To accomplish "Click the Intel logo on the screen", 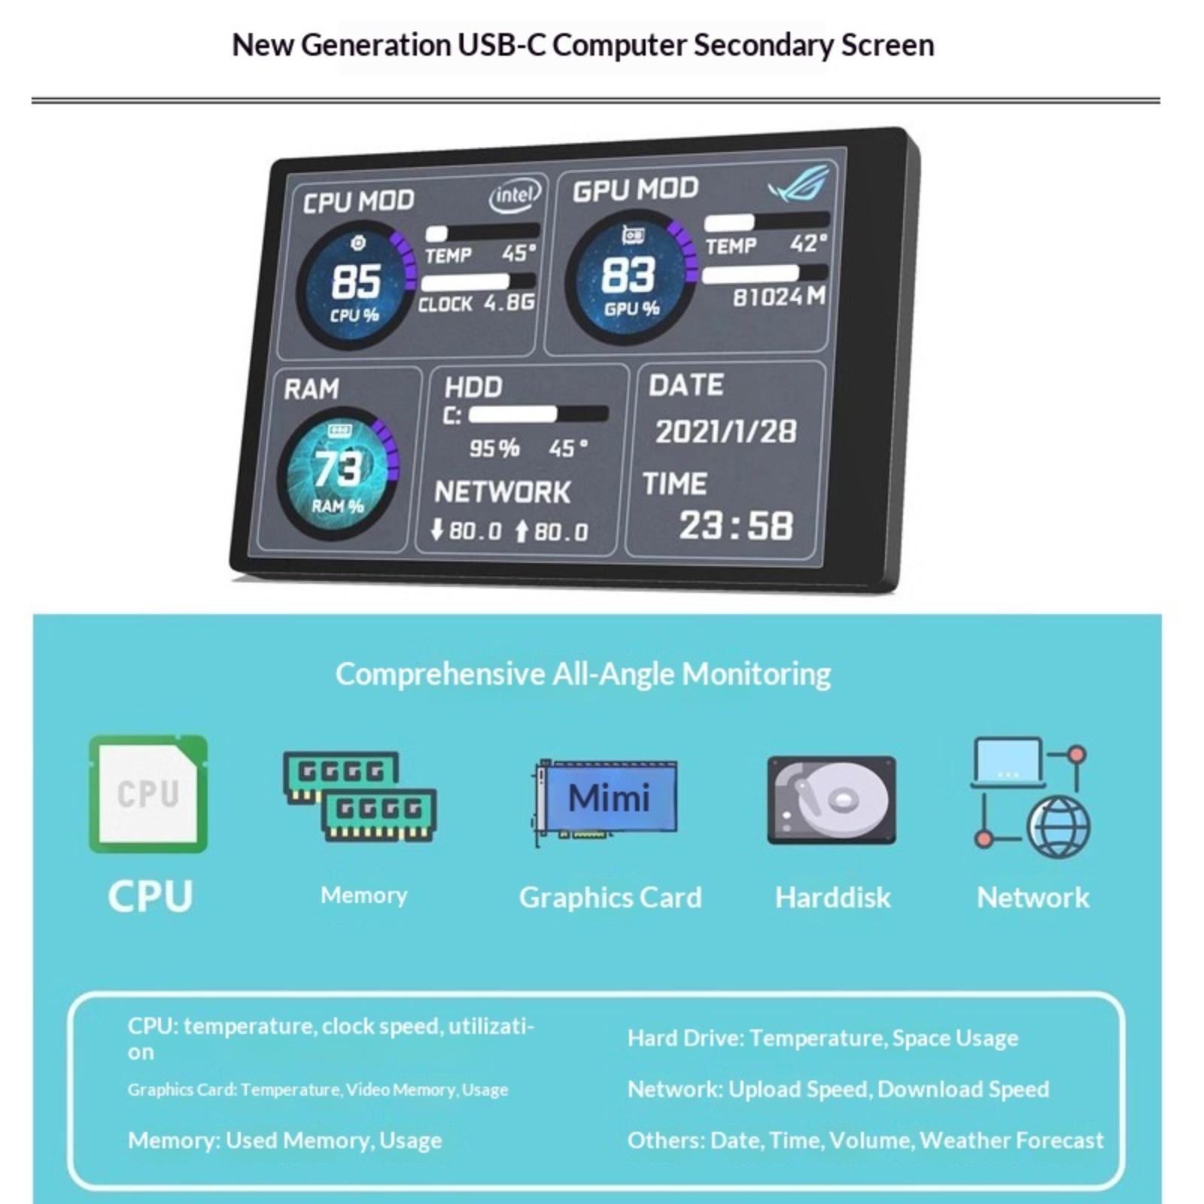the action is pos(515,196).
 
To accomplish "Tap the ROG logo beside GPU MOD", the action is pos(798,183).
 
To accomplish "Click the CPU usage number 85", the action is pos(356,281).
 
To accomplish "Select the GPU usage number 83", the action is pos(628,274).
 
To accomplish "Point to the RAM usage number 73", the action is pos(338,469).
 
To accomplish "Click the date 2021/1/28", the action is pos(725,432).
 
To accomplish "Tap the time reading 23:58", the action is pos(736,525).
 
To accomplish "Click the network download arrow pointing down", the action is pos(436,530).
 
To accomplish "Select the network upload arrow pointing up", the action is pos(521,531).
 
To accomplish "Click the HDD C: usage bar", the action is pos(538,414).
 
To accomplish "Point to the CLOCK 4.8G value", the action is pos(509,303).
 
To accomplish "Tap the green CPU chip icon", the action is pos(148,794).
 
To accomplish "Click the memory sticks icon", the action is pos(360,796).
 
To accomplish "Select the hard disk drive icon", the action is pos(832,800).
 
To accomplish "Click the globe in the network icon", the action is pos(1059,828).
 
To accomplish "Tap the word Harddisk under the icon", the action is pos(833,897).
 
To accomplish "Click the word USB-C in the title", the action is pos(503,45).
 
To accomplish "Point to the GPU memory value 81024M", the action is pos(780,296).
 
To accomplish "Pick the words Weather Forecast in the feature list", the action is pos(1011,1140).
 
